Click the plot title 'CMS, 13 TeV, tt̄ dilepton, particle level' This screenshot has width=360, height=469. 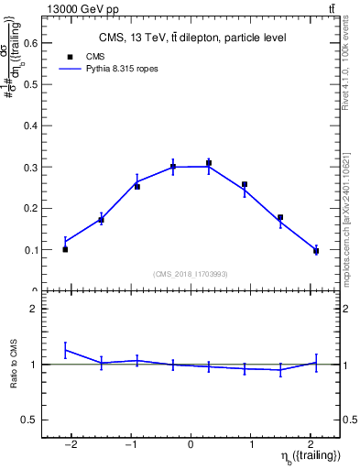[x=192, y=38]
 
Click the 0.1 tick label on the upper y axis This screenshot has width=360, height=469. [x=30, y=249]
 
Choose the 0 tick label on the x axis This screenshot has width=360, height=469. [x=191, y=444]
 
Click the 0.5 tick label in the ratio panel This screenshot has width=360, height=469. [x=30, y=420]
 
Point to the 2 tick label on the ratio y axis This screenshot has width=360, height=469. [x=34, y=309]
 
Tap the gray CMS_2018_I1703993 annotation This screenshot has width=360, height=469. [x=191, y=274]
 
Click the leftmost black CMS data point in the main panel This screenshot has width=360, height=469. [x=65, y=249]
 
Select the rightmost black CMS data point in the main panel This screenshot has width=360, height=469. [x=316, y=251]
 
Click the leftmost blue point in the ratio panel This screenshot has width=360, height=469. [x=65, y=350]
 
